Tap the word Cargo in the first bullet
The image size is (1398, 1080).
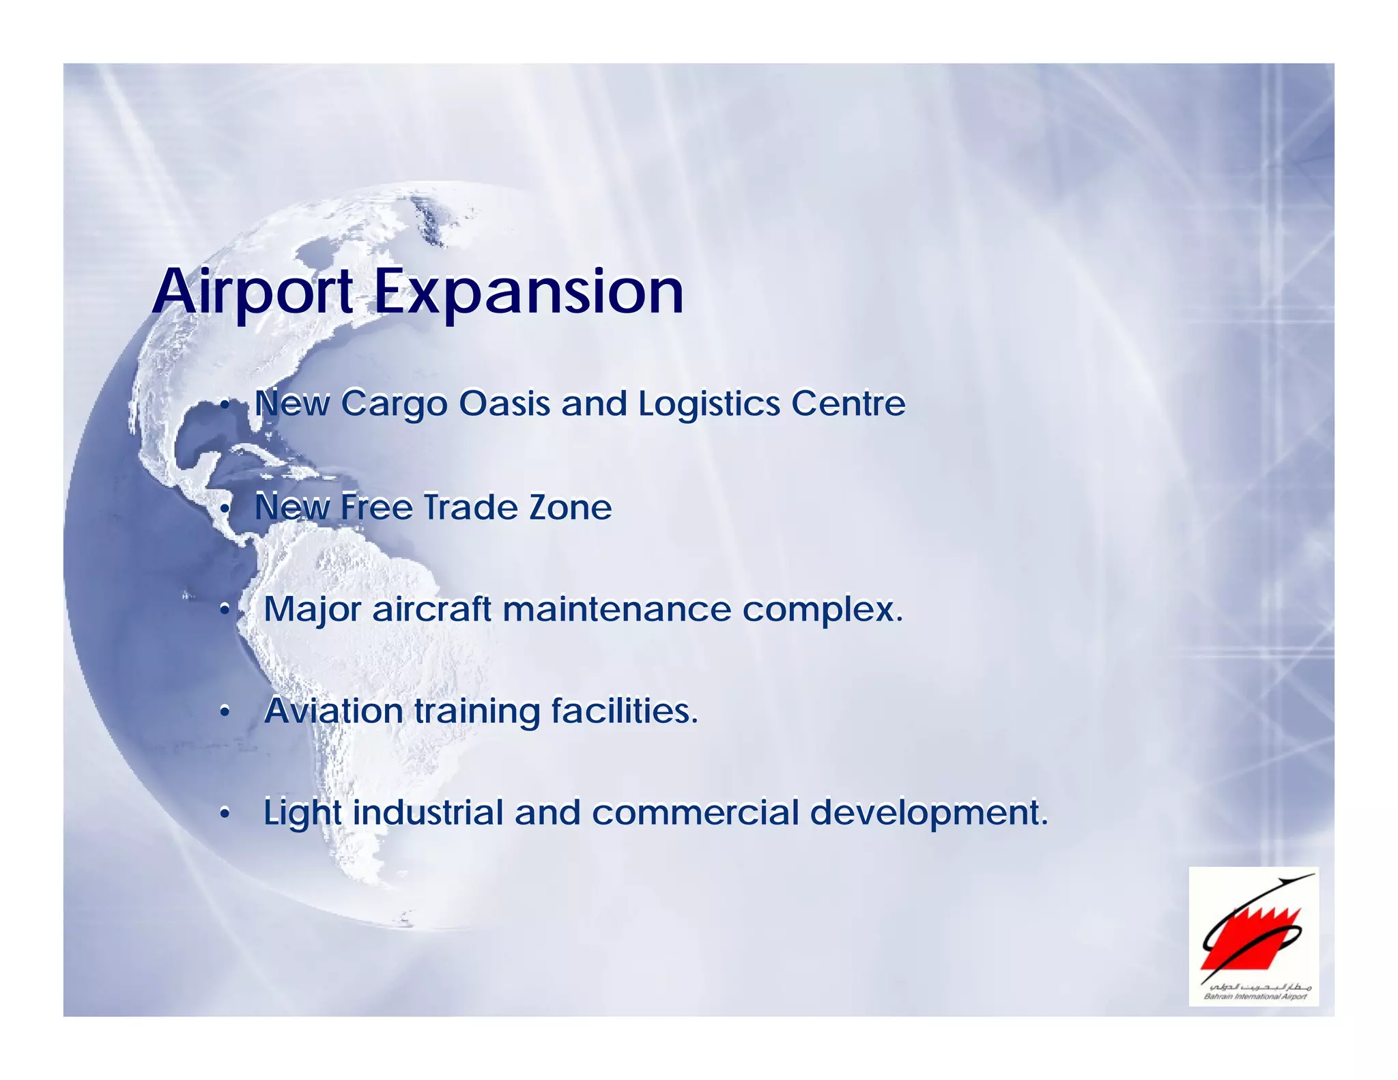pos(394,403)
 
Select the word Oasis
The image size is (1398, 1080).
pos(504,403)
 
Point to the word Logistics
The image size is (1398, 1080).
pos(709,403)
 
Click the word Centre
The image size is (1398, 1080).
pos(848,403)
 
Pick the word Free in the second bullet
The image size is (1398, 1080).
pos(376,507)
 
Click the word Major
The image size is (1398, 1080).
pos(312,609)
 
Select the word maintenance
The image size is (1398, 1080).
pos(616,609)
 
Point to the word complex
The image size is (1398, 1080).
pos(822,609)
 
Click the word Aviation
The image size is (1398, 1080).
pos(334,711)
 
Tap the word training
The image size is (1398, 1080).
pos(477,711)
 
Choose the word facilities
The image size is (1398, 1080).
pos(624,711)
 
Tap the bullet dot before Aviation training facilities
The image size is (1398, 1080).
pos(225,713)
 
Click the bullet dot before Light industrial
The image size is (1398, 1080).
pos(225,814)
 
